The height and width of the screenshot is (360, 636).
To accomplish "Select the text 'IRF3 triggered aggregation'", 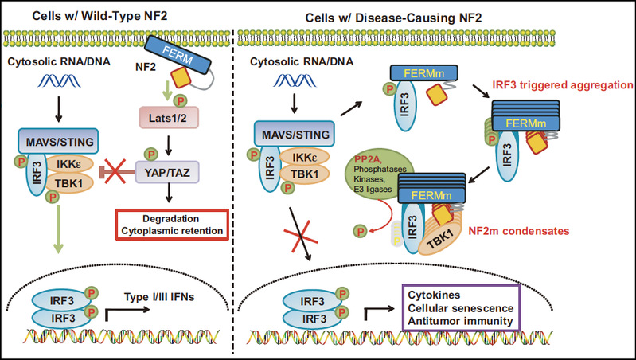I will click(x=560, y=84).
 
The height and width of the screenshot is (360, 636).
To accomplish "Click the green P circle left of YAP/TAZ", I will click(x=147, y=154).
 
